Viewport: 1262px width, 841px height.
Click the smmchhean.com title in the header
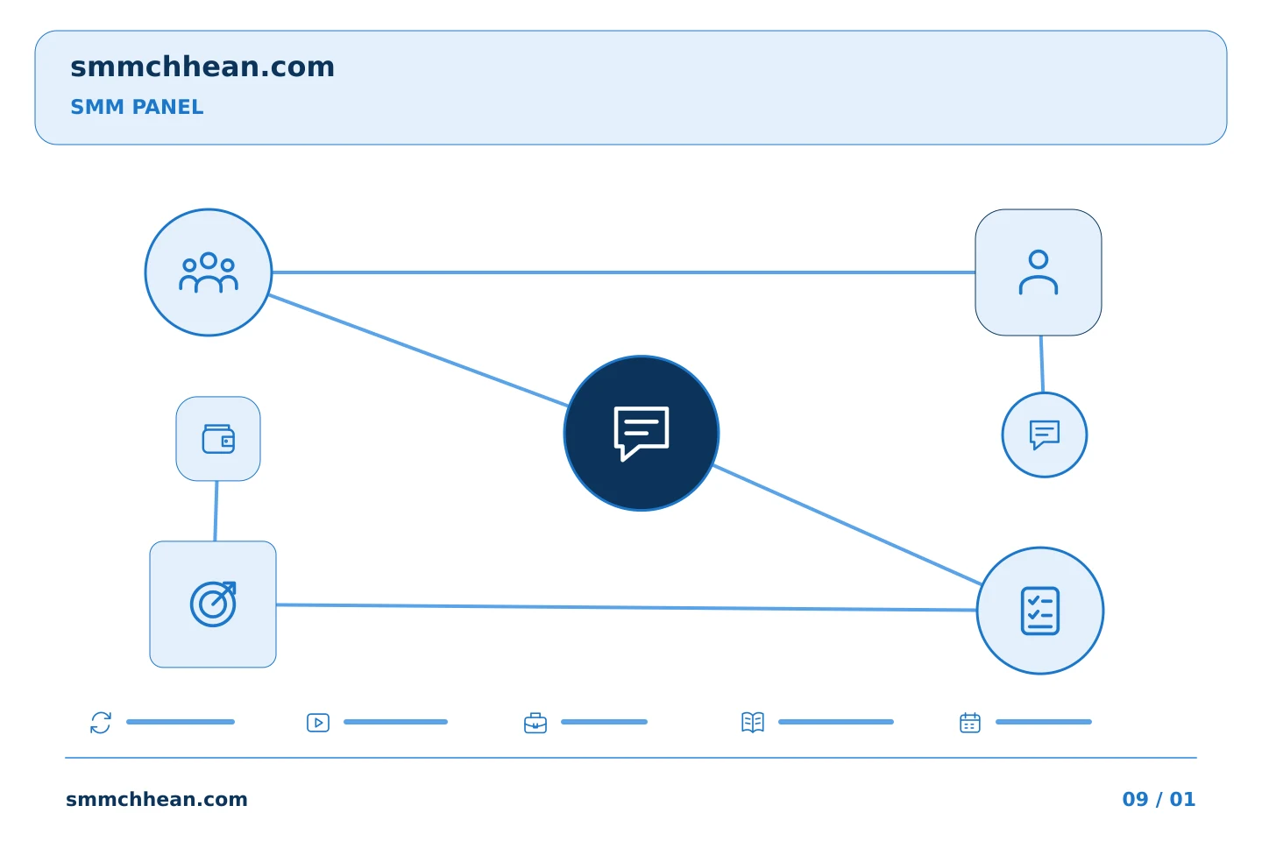202,67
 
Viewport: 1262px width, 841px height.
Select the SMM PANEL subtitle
137,107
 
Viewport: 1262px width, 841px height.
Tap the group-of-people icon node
209,272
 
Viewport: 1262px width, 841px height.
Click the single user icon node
1039,272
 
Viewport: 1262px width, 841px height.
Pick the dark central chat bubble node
642,433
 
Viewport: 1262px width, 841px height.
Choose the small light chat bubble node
1045,435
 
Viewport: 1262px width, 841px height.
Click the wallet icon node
218,439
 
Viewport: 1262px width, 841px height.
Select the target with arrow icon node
213,604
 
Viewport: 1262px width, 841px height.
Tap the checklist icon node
1040,611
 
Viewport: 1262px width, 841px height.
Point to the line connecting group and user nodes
624,272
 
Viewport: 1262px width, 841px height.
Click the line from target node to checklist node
627,607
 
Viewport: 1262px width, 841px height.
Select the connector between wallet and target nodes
216,511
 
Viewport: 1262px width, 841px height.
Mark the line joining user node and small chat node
1042,364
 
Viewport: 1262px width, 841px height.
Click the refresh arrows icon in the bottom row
101,723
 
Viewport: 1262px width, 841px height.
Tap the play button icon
318,723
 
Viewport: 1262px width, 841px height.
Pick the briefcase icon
535,724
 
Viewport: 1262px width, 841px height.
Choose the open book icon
753,722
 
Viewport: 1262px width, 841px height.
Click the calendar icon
970,723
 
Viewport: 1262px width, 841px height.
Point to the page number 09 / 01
1159,799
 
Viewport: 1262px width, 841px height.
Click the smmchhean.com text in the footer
157,799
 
